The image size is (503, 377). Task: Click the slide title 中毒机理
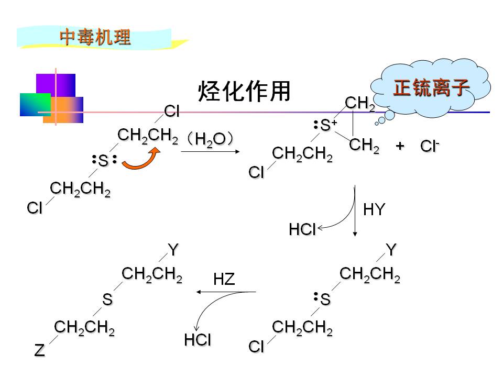coord(95,37)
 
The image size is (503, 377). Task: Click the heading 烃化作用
coord(244,92)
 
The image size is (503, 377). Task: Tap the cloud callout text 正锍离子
coord(431,87)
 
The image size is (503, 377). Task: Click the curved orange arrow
coord(141,160)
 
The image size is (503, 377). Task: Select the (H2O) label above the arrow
coord(210,139)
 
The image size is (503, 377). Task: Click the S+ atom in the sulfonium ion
coord(328,125)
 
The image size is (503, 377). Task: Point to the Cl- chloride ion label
coord(429,147)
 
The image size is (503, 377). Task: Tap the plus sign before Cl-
coord(400,146)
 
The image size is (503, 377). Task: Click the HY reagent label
coord(374,210)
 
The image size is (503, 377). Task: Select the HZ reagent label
coord(224,280)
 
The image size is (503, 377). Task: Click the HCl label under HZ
coord(198,340)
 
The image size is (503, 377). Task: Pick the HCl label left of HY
coord(302,229)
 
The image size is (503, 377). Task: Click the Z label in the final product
coord(39,350)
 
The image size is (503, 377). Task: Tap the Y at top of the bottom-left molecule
coord(173,250)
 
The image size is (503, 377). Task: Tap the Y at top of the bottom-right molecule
coord(391,250)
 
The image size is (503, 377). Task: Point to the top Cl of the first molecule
coord(172,111)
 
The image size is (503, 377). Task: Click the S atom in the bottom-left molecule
coord(107,300)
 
